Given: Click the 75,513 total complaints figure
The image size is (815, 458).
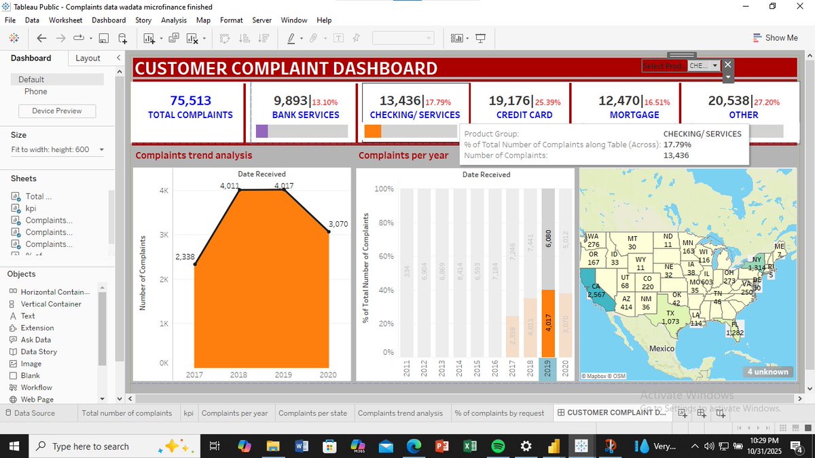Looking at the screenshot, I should coord(190,100).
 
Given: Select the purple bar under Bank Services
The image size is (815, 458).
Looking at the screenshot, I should coord(261,131).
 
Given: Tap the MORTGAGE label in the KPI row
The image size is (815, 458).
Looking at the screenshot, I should coord(634,115).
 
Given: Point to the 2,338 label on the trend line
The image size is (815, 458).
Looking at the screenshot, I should coord(185,256).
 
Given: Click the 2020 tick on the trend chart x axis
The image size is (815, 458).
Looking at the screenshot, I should coord(328,375).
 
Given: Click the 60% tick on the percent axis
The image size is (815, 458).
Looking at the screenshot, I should coord(384,256).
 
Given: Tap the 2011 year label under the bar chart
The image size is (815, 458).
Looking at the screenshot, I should coord(407,369).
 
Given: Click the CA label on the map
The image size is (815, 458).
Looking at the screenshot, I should coord(595,287).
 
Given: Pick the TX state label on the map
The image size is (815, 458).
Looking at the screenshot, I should coord(670,313).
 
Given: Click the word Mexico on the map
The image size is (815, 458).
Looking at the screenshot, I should coord(662,348).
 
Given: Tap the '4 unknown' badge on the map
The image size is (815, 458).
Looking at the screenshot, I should coord(768,371).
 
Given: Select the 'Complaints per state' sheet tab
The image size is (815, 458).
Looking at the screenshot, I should coord(312,413).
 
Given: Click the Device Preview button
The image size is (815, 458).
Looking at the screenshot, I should coord(57,111).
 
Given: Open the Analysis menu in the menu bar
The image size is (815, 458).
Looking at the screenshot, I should coord(174,20).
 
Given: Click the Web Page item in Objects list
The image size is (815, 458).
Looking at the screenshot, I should coord(37,399).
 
